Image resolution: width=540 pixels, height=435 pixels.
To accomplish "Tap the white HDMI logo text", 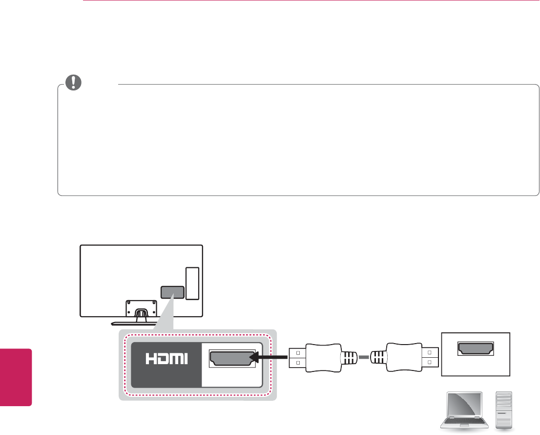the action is (x=166, y=359).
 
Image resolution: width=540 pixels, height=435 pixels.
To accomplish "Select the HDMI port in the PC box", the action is (x=475, y=348).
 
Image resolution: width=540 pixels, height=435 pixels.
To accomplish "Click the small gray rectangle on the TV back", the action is (x=172, y=292).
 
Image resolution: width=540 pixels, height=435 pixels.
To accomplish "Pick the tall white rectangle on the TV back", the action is (x=192, y=283).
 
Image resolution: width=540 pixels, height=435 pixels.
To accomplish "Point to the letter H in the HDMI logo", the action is (x=151, y=359).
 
